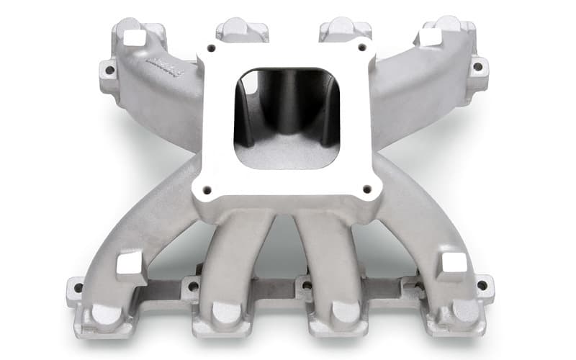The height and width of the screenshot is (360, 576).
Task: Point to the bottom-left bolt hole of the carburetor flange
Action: pyautogui.click(x=207, y=189)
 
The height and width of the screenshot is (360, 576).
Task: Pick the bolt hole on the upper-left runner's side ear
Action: pyautogui.click(x=109, y=71)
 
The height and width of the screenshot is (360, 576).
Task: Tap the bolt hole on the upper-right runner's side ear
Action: pyautogui.click(x=477, y=66)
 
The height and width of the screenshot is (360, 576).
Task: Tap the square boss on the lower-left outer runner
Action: pyautogui.click(x=130, y=264)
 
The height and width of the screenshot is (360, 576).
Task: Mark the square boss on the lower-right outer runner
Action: pyautogui.click(x=452, y=264)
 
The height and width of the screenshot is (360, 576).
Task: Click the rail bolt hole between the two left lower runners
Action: pyautogui.click(x=192, y=287)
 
